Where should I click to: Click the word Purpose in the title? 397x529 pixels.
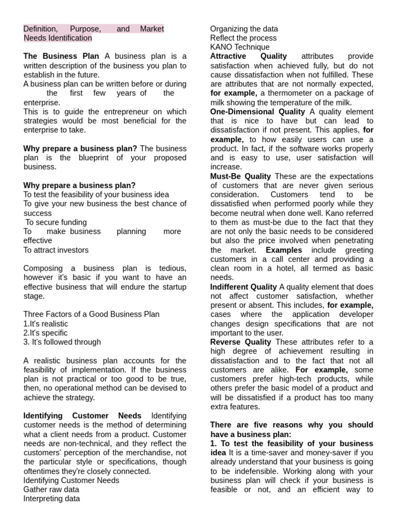pyautogui.click(x=85, y=29)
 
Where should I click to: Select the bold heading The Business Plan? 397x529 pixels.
pyautogui.click(x=63, y=56)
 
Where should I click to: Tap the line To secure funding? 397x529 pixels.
pyautogui.click(x=56, y=222)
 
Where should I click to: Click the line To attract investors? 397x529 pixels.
pyautogui.click(x=56, y=250)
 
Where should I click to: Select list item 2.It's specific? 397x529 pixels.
pyautogui.click(x=45, y=333)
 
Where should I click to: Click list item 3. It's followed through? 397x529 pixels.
pyautogui.click(x=62, y=342)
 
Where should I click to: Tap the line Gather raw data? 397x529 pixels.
pyautogui.click(x=51, y=489)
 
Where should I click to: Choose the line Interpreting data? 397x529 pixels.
pyautogui.click(x=52, y=499)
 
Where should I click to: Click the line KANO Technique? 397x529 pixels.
pyautogui.click(x=240, y=47)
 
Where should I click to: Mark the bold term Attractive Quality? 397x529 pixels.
pyautogui.click(x=248, y=56)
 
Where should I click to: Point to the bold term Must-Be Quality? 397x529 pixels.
pyautogui.click(x=240, y=176)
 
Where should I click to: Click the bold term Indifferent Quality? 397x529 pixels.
pyautogui.click(x=243, y=287)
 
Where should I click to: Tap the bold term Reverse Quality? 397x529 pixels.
pyautogui.click(x=240, y=342)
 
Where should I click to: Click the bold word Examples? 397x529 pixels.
pyautogui.click(x=284, y=250)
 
